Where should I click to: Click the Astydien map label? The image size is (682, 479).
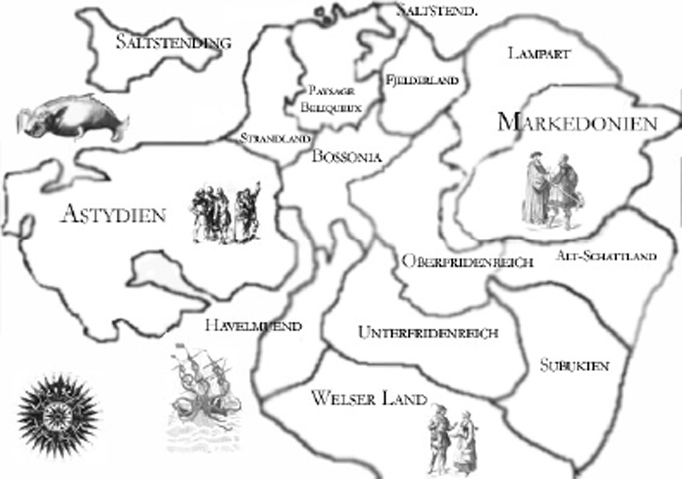click(x=114, y=214)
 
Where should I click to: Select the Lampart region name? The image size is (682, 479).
click(x=539, y=53)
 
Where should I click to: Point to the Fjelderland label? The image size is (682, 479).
click(x=422, y=80)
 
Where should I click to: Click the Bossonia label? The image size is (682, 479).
click(x=347, y=156)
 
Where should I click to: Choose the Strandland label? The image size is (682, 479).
click(x=275, y=139)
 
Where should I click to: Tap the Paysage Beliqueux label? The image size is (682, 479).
click(x=331, y=99)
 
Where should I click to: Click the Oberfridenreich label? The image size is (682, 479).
click(x=467, y=262)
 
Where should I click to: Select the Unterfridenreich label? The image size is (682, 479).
click(x=428, y=332)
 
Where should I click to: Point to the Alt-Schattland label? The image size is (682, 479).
click(x=606, y=256)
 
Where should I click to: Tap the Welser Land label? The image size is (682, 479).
click(x=369, y=398)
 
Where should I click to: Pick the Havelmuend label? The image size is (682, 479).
click(x=253, y=326)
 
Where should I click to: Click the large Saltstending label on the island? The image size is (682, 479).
click(x=174, y=42)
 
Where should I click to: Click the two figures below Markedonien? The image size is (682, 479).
click(x=552, y=189)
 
